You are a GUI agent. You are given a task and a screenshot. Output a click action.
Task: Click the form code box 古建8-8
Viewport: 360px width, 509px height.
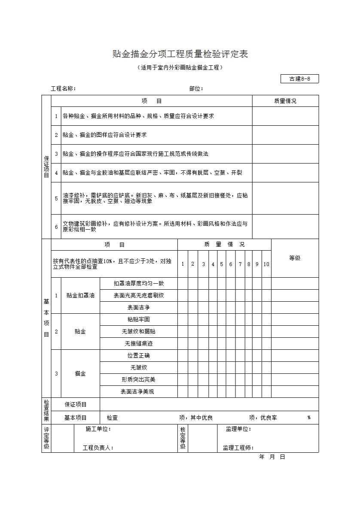pos(299,79)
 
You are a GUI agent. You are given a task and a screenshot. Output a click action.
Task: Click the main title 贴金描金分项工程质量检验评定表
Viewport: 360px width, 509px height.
pos(180,54)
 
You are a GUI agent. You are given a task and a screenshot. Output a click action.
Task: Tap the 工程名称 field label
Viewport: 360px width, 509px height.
pos(63,89)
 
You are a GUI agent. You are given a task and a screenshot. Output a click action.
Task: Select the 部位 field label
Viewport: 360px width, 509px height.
pos(196,89)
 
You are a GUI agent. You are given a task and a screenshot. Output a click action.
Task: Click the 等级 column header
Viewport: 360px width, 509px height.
pos(295,258)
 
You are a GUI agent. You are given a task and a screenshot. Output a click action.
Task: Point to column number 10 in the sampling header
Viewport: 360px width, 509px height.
pos(266,264)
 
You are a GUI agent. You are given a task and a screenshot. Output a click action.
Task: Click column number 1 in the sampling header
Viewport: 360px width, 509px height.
pos(183,264)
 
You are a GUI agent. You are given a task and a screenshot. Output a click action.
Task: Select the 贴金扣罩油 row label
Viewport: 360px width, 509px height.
pos(80,296)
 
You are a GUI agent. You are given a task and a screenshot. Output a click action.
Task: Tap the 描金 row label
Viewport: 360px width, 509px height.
pos(80,374)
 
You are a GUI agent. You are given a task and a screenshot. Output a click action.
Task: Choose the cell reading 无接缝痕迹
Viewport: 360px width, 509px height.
pos(139,344)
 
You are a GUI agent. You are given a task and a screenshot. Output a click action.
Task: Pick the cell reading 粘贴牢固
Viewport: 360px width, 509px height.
pos(139,320)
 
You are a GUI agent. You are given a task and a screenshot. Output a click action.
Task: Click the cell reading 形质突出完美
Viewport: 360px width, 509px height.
pos(139,380)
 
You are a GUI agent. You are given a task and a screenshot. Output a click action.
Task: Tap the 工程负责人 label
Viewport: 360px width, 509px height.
pos(98,448)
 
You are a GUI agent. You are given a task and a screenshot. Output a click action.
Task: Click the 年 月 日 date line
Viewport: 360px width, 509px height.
pos(272,457)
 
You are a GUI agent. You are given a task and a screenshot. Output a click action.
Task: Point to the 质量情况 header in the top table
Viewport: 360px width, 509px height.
pos(285,101)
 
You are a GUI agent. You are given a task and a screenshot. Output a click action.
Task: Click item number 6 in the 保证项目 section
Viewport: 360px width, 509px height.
pos(56,227)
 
